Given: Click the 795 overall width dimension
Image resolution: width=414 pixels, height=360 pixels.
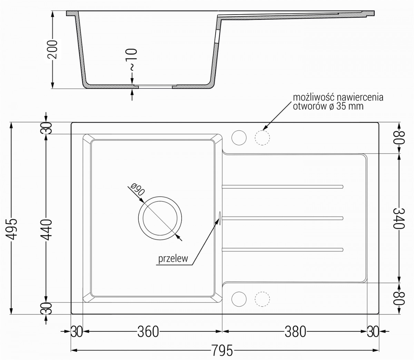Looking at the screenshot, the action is coord(222,350).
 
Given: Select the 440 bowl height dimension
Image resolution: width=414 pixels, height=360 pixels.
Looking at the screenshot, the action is coord(47,229).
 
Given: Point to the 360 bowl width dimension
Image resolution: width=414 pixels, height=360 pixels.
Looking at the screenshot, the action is coord(148,332).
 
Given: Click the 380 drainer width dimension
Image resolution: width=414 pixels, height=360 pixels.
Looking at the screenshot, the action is coord(295,332).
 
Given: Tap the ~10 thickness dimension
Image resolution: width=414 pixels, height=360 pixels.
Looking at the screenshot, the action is coord(131,60).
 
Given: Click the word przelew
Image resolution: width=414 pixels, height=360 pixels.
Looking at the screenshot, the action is coord(173,259).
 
